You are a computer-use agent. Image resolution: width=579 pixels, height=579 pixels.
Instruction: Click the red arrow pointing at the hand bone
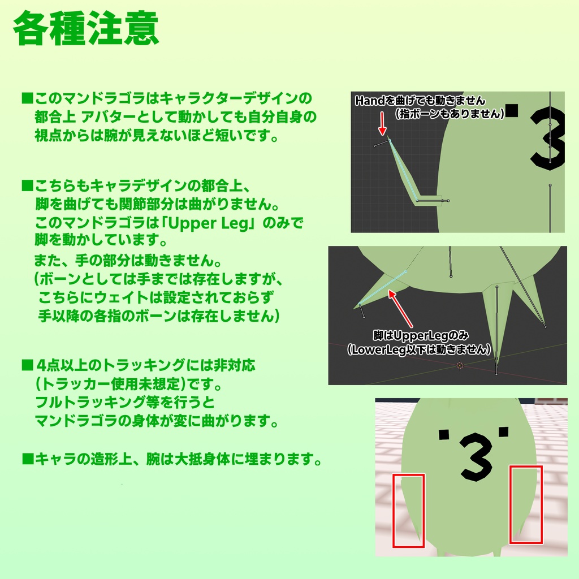point(383,123)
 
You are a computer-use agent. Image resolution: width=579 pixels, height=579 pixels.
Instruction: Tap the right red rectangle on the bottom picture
point(526,504)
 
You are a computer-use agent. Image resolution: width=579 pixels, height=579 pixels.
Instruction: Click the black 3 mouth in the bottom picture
point(476,456)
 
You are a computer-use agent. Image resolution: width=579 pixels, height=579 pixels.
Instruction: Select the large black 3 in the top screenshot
point(548,139)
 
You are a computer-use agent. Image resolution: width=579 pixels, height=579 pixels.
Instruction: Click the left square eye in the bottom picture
point(444,434)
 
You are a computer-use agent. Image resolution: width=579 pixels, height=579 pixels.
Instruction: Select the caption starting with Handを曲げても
point(420,101)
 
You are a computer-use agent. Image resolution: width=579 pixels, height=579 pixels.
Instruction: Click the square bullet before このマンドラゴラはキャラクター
point(27,98)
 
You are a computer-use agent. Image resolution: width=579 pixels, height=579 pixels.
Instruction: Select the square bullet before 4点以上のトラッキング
point(27,365)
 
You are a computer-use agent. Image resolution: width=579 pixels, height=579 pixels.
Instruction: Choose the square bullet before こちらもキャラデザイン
point(27,185)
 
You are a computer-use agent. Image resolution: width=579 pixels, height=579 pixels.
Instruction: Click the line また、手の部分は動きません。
point(127,262)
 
